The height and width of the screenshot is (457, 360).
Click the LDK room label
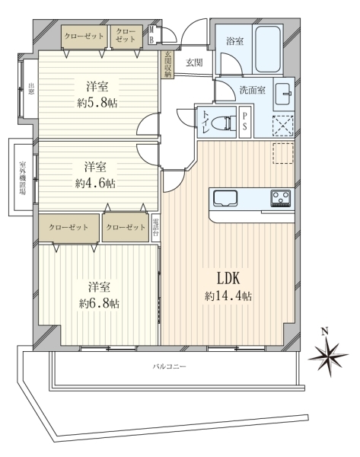(x=228, y=278)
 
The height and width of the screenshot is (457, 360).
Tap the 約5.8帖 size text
(x=97, y=103)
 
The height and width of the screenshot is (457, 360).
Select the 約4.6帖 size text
(x=95, y=184)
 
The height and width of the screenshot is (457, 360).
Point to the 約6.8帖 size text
(x=99, y=304)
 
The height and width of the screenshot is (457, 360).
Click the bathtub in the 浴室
(x=268, y=49)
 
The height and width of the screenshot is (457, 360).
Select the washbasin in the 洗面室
(x=283, y=94)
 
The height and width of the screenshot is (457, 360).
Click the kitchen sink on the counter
(x=225, y=199)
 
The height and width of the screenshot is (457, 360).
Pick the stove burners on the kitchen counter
(x=281, y=198)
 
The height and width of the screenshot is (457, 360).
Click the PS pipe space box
(x=244, y=122)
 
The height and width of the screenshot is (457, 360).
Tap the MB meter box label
(x=151, y=35)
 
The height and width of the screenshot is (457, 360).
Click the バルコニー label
(x=169, y=366)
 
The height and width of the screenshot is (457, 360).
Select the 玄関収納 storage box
(x=167, y=65)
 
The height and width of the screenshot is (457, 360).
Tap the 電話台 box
(x=156, y=228)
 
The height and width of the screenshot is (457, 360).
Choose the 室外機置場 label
(x=22, y=177)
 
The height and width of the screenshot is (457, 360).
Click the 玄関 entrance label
(x=194, y=62)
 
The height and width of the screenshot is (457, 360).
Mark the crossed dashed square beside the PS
(x=283, y=126)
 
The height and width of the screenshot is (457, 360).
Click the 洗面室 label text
(x=252, y=90)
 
